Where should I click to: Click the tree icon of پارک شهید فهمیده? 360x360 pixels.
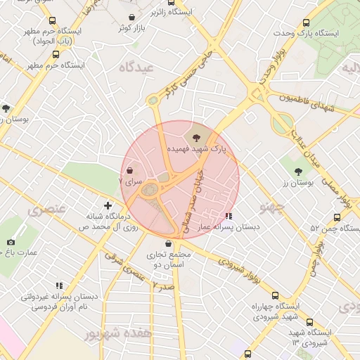coord(195,136)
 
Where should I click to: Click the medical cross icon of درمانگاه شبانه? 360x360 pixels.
coord(108,206)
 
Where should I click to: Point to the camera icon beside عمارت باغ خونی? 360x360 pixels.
coord(11,243)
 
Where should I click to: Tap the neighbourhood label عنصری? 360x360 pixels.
coord(46,210)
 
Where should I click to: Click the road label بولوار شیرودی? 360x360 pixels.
coord(238,268)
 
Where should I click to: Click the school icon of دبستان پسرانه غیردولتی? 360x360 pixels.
coord(59,285)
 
